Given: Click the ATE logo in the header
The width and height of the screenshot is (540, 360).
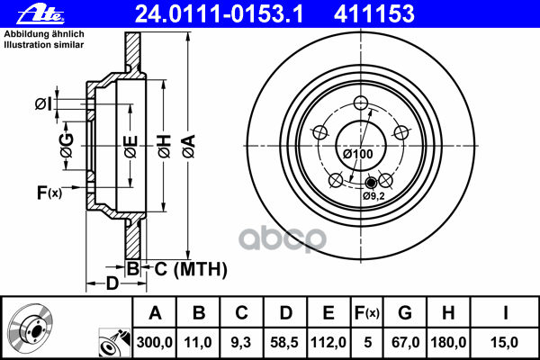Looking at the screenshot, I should [23, 13].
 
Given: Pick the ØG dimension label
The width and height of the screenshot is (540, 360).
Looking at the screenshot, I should [66, 142].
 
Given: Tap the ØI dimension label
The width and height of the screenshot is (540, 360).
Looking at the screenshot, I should [42, 105].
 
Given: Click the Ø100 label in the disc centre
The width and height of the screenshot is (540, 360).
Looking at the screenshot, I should [358, 154].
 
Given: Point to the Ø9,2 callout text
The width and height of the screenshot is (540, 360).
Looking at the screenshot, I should [373, 195].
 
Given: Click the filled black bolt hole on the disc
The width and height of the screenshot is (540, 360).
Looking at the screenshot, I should [367, 184].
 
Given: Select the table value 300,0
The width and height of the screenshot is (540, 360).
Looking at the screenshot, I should [155, 341].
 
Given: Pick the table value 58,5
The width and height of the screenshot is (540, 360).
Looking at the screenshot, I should [284, 341].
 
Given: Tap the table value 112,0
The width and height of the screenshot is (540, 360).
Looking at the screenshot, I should [328, 341].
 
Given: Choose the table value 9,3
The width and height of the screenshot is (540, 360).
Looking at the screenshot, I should [242, 341].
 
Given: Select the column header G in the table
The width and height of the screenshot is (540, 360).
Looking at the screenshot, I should [405, 313].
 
